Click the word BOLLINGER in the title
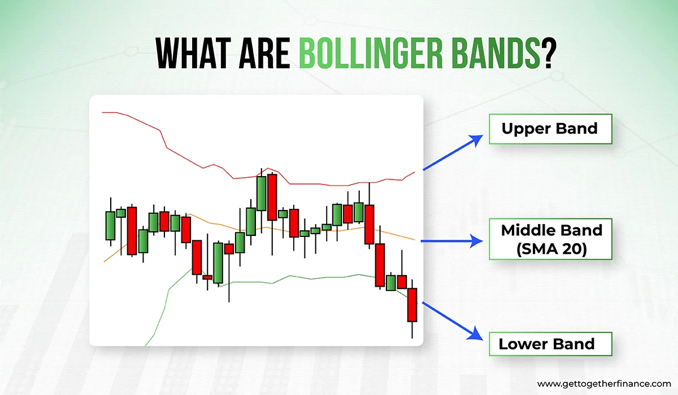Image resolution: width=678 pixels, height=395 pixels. pyautogui.click(x=371, y=53)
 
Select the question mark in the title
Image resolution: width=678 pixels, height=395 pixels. pyautogui.click(x=549, y=53)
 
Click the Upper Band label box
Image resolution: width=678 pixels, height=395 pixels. pyautogui.click(x=550, y=129)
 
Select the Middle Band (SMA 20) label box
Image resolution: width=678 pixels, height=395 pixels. pyautogui.click(x=550, y=239)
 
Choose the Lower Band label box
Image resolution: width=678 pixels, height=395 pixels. pyautogui.click(x=550, y=344)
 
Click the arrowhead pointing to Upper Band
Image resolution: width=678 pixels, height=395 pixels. pyautogui.click(x=476, y=140)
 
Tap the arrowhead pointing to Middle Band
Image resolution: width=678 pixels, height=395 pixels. pyautogui.click(x=476, y=241)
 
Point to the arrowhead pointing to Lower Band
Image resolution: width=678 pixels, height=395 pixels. pyautogui.click(x=476, y=334)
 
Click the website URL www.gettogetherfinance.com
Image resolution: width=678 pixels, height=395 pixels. pyautogui.click(x=604, y=384)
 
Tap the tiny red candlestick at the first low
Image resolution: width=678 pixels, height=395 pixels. pyautogui.click(x=207, y=277)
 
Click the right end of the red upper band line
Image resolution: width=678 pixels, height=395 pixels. pyautogui.click(x=415, y=172)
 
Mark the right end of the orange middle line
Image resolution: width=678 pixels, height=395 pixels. pyautogui.click(x=414, y=240)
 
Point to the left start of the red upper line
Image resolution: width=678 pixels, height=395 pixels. pyautogui.click(x=102, y=112)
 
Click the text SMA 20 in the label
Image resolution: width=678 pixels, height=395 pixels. pyautogui.click(x=551, y=249)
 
